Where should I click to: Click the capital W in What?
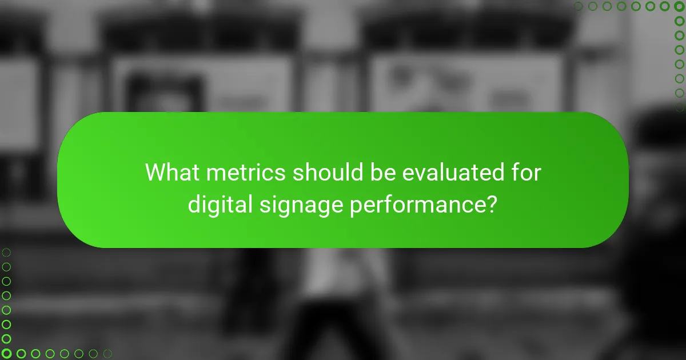(x=155, y=172)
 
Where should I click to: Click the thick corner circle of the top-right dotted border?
(x=680, y=6)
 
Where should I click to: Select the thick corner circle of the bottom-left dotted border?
(x=6, y=354)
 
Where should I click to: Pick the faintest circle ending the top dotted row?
(x=579, y=6)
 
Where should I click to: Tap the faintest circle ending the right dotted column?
(x=680, y=107)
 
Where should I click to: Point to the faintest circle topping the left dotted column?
(x=6, y=252)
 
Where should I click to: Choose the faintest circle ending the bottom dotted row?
(x=107, y=354)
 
